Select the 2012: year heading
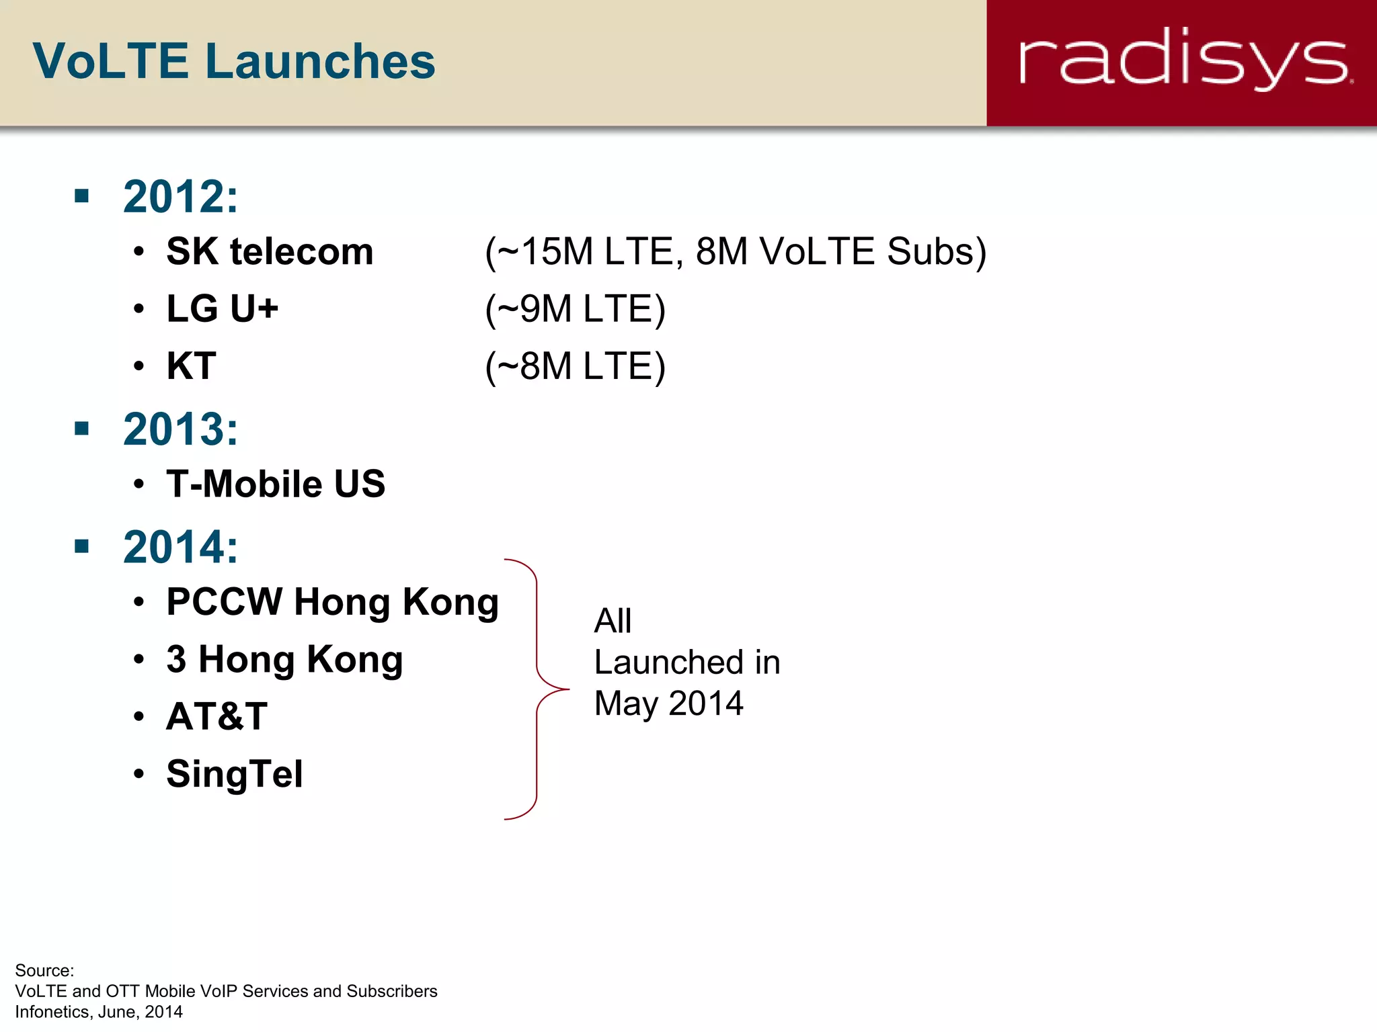tap(180, 197)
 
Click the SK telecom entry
tap(270, 251)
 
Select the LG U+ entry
tap(222, 308)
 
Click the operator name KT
tap(191, 366)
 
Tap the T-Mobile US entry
tap(276, 484)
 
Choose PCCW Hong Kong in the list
tap(332, 602)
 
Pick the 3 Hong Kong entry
tap(284, 659)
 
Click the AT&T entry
tap(217, 716)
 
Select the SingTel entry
tap(235, 773)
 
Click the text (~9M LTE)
tap(575, 309)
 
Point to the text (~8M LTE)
tap(575, 367)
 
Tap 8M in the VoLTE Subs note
tap(721, 251)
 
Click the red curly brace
tap(537, 689)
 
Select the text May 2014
tap(668, 703)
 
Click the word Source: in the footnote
tap(44, 970)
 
